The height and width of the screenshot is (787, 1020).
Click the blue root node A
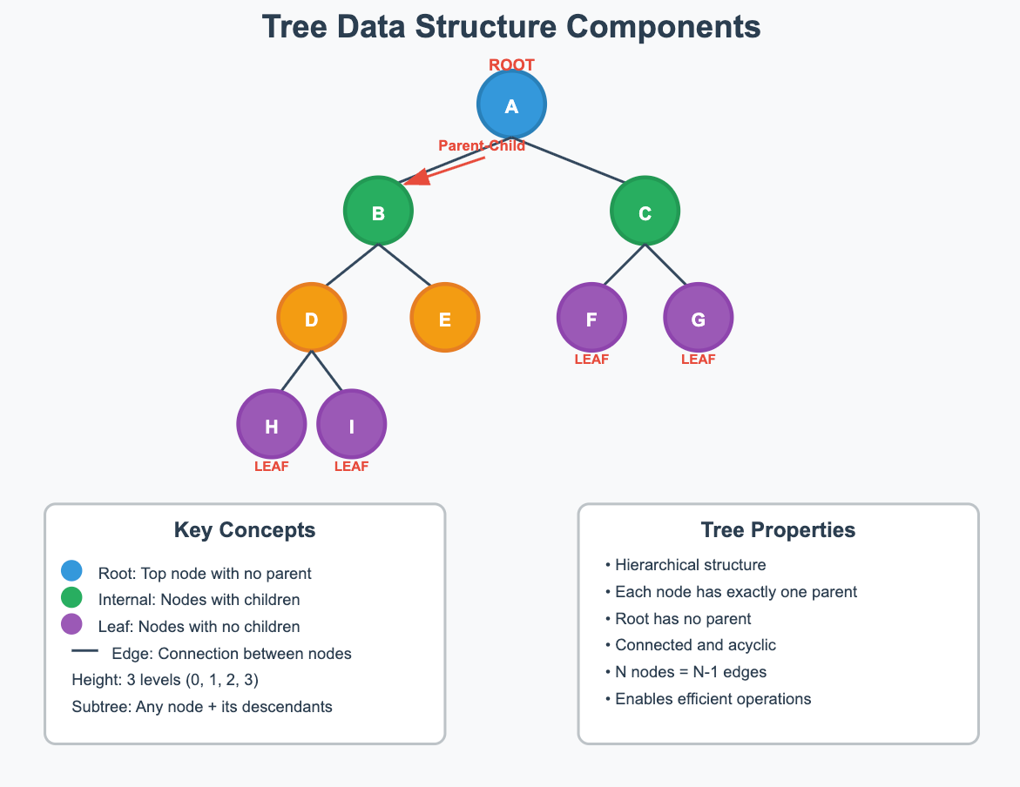(x=511, y=105)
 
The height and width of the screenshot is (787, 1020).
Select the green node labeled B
(x=378, y=212)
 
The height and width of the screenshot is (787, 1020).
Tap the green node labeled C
(x=645, y=212)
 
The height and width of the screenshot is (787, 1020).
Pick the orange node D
(x=312, y=319)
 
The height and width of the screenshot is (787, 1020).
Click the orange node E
(x=445, y=319)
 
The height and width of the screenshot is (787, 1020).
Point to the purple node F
(x=591, y=319)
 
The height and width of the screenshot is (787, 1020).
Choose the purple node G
(x=698, y=319)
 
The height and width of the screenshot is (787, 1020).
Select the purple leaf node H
(x=272, y=426)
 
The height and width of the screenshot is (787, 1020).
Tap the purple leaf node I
(x=352, y=426)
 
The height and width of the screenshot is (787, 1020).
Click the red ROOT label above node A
(x=511, y=65)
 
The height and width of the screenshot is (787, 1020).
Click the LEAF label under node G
(x=698, y=359)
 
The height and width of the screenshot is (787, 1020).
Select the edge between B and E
(x=410, y=264)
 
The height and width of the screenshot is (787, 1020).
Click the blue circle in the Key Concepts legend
(x=71, y=571)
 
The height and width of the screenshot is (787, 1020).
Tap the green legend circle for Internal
(x=71, y=598)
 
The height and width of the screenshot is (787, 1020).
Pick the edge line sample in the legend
(x=84, y=651)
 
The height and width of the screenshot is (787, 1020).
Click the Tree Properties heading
(x=778, y=530)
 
